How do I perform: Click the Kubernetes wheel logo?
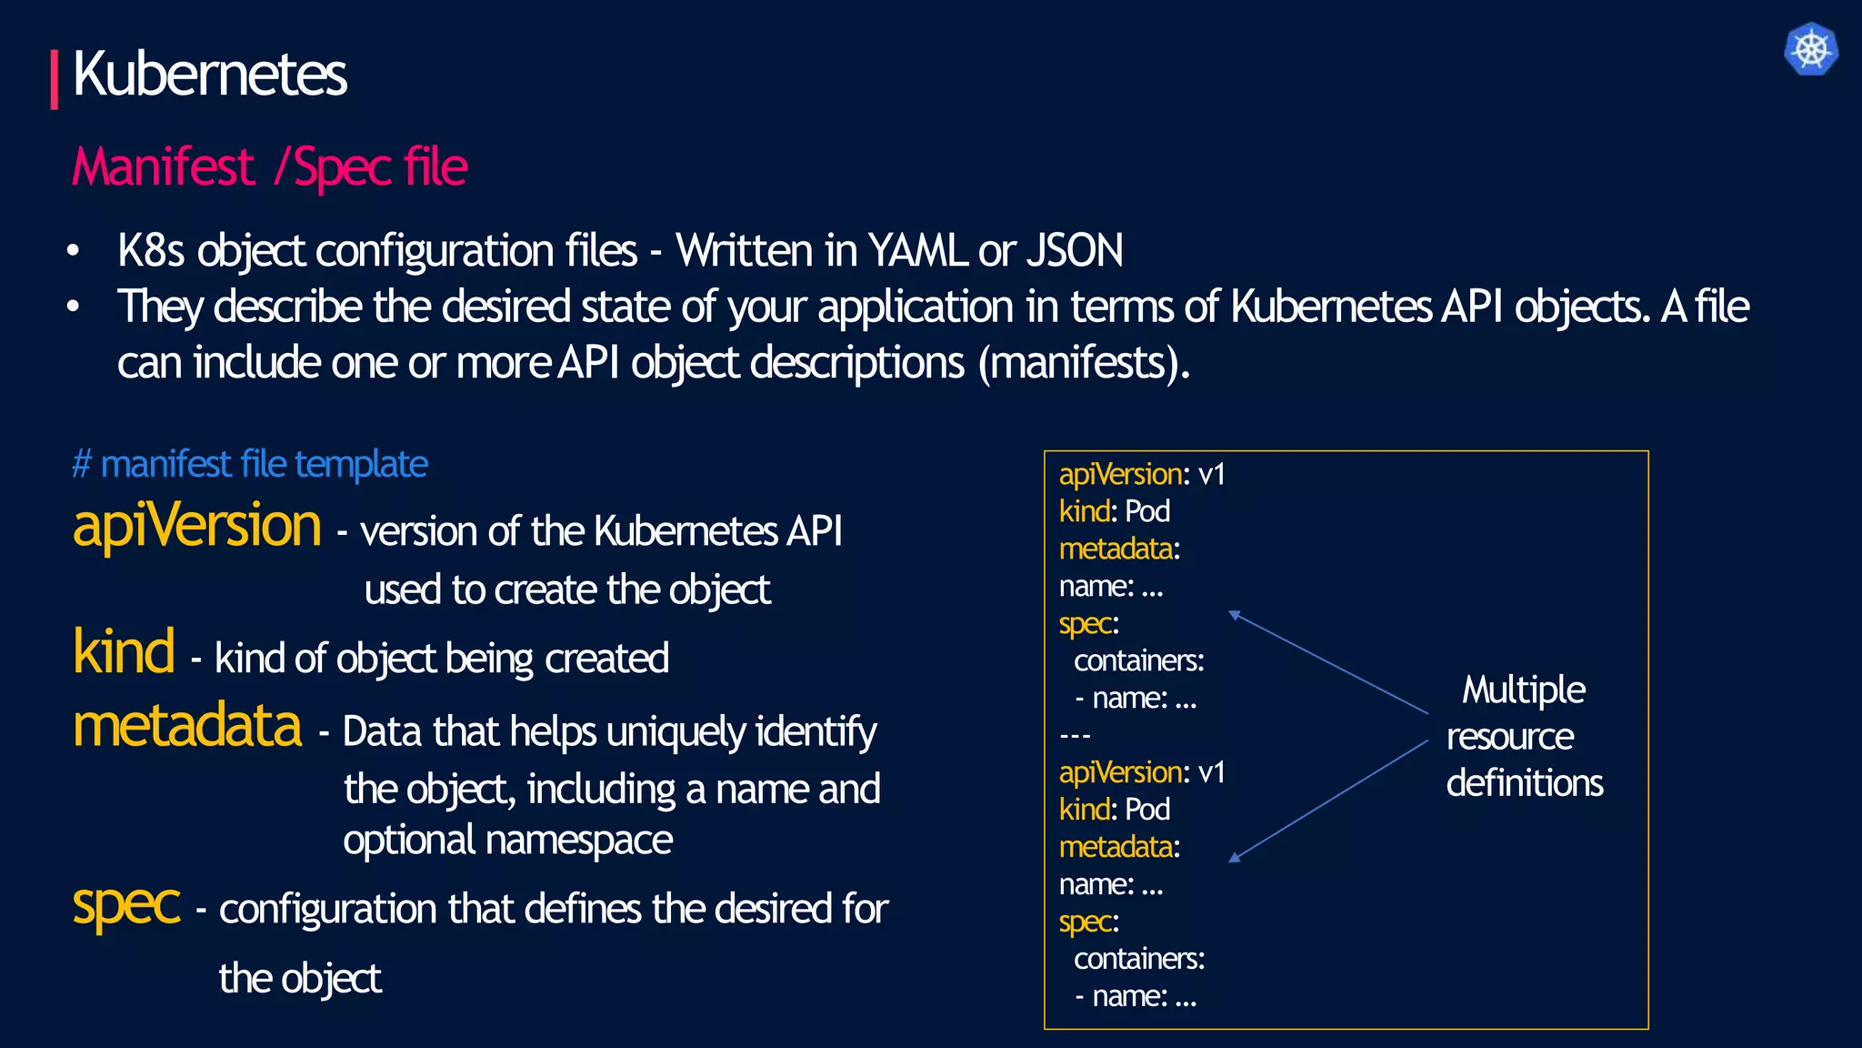(x=1810, y=49)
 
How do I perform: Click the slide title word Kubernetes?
(x=209, y=75)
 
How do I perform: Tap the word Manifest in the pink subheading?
(x=164, y=167)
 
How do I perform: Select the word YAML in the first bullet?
(x=917, y=251)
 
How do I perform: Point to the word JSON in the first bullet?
(x=1075, y=251)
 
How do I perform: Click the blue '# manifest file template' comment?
(x=250, y=465)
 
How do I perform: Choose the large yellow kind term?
(x=124, y=652)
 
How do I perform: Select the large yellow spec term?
(x=126, y=904)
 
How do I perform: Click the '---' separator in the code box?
(x=1075, y=735)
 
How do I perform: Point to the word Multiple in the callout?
(x=1524, y=690)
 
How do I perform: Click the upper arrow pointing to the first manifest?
(x=1327, y=661)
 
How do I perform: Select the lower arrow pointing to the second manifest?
(x=1327, y=801)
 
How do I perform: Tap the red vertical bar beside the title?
(x=55, y=80)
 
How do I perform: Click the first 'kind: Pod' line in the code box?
(x=1115, y=512)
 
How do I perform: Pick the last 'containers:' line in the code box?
(x=1139, y=959)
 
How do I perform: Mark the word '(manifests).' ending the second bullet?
(x=1084, y=363)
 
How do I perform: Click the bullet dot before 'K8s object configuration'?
(x=74, y=251)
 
